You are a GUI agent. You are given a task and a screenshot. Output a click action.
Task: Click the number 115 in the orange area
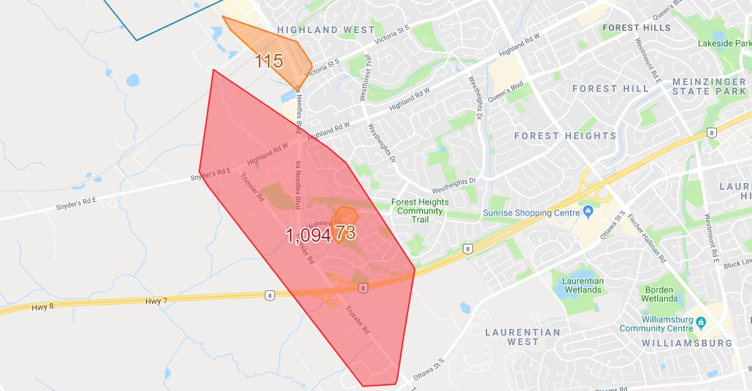[268, 61]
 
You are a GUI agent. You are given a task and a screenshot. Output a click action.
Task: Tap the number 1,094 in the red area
[307, 236]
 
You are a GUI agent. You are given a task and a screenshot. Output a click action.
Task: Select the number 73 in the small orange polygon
[345, 232]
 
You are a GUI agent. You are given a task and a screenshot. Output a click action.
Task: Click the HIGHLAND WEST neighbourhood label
[326, 30]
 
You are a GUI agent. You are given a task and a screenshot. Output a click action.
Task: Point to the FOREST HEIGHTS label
[565, 136]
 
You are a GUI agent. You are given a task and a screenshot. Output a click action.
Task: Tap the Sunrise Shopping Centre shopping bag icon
[588, 212]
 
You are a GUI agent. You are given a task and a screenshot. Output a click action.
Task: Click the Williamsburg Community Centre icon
[701, 321]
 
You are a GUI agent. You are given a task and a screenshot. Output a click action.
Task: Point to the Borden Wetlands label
[659, 294]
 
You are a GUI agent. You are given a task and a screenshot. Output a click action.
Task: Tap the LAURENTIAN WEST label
[523, 337]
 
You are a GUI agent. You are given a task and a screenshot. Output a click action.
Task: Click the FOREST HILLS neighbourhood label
[636, 28]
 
